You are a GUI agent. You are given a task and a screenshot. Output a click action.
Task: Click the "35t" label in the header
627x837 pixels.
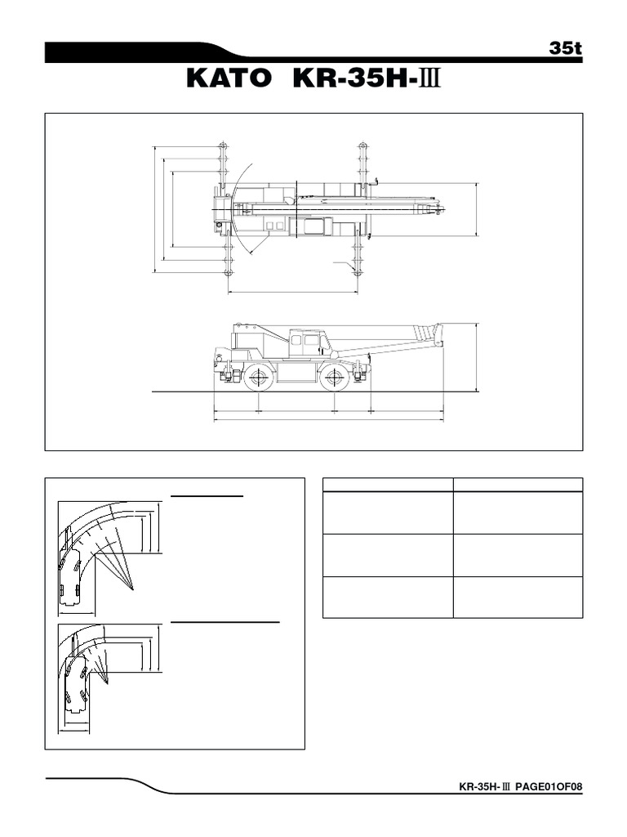point(564,48)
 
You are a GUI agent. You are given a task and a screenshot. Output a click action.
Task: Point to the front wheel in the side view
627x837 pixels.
point(334,377)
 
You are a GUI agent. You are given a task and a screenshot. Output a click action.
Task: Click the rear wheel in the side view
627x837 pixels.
point(258,377)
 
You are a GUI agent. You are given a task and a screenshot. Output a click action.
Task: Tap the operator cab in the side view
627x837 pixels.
point(305,342)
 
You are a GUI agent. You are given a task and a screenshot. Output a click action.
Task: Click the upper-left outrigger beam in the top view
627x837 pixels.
point(223,168)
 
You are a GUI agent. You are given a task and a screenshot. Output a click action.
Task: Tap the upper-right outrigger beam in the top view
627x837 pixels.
point(361,168)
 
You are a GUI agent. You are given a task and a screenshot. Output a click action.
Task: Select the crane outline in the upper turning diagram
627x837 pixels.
point(70,577)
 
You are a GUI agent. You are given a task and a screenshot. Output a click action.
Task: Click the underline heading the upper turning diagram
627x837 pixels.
point(207,495)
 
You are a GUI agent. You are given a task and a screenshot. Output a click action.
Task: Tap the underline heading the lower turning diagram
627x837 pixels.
point(225,622)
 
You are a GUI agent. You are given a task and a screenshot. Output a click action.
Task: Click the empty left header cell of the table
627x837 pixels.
point(388,484)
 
